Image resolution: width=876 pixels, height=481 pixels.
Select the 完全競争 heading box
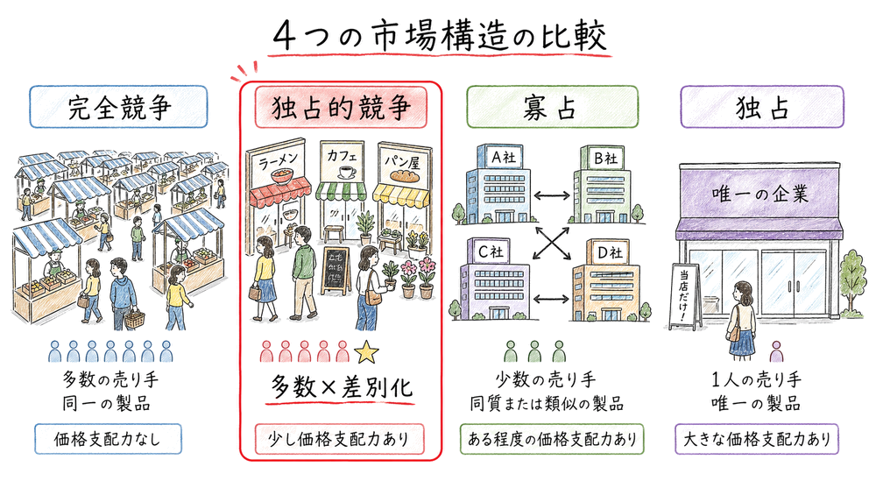click(x=117, y=108)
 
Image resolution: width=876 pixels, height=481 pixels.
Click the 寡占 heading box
click(x=552, y=108)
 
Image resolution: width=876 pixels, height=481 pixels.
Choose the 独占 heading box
click(x=761, y=108)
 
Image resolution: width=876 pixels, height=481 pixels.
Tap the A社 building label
click(x=506, y=159)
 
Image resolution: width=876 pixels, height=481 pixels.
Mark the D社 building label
click(x=607, y=252)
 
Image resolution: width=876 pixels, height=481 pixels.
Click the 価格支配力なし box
click(x=109, y=437)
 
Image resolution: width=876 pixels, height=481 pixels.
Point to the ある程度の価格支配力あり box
click(x=552, y=437)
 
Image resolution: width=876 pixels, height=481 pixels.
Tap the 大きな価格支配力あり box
click(x=761, y=437)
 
